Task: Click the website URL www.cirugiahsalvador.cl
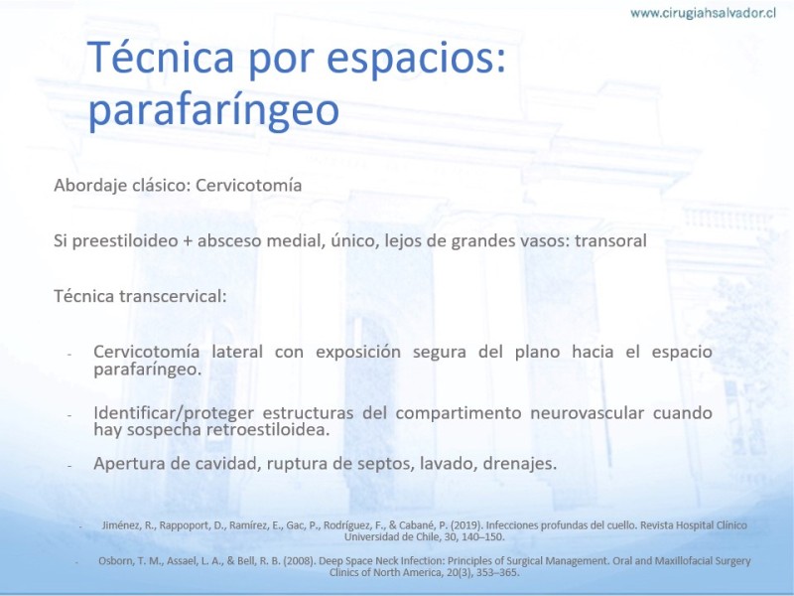(703, 13)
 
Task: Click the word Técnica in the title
(161, 58)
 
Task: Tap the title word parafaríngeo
(213, 109)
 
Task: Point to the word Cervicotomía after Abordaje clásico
(249, 185)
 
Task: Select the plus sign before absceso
(188, 241)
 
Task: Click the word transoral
(610, 240)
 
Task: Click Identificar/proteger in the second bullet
(174, 413)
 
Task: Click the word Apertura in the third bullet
(129, 464)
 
